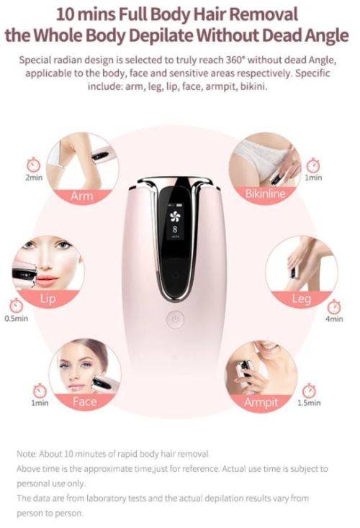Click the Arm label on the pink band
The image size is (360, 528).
(x=82, y=196)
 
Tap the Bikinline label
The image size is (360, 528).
(x=265, y=194)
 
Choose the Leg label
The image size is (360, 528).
(x=301, y=299)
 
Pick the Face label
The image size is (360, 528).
(x=84, y=401)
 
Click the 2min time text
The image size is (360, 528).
(x=32, y=177)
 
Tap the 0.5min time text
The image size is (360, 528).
(x=16, y=318)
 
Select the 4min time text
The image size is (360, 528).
(x=334, y=318)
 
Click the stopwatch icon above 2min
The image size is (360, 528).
(x=32, y=164)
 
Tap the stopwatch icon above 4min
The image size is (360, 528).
(x=333, y=305)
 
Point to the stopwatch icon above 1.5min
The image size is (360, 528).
(x=309, y=391)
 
